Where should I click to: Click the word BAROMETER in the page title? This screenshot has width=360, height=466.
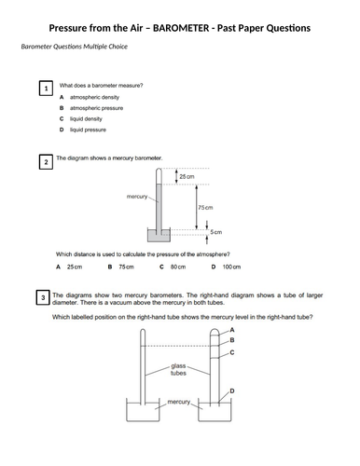(181, 28)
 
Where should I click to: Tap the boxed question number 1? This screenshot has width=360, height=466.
(46, 89)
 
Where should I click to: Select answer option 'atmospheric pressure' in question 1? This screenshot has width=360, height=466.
(96, 108)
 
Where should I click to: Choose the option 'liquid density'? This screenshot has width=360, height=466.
(86, 119)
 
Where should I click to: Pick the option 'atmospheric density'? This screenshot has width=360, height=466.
(94, 97)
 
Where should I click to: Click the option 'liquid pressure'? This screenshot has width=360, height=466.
(88, 130)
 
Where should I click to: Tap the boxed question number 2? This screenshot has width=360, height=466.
(46, 162)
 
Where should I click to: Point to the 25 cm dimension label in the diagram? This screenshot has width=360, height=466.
(187, 176)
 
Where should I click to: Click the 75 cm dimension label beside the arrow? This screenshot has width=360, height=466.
(205, 208)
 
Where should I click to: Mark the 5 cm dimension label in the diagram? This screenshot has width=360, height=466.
(216, 232)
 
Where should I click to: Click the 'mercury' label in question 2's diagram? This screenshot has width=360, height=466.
(137, 197)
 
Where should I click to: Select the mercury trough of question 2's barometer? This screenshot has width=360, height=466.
(159, 235)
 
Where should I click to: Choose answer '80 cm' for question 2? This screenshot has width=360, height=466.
(178, 267)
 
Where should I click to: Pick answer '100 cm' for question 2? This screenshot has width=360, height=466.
(231, 267)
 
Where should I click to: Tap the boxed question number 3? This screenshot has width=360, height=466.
(43, 297)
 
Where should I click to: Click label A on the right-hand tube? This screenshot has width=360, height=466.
(232, 330)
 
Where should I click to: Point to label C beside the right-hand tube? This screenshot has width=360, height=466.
(232, 352)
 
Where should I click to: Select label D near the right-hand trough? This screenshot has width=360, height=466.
(232, 391)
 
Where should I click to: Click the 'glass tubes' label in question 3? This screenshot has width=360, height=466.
(178, 369)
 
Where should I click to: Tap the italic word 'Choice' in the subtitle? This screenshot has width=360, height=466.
(118, 47)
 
